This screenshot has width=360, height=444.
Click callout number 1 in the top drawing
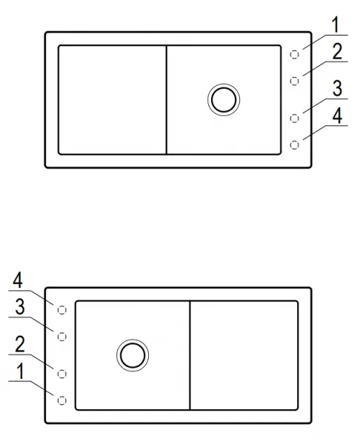click(336, 25)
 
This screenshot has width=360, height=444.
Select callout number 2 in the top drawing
click(337, 52)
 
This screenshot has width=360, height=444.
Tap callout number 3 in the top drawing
click(337, 89)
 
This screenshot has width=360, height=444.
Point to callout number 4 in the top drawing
click(337, 115)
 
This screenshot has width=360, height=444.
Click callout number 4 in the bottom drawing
click(18, 280)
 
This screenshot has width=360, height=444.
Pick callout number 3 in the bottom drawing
click(19, 306)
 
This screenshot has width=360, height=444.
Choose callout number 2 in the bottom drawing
click(19, 344)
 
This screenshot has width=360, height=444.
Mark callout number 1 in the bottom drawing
click(20, 371)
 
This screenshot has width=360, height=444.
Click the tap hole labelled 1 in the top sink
click(295, 55)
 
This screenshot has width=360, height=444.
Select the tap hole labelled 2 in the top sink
click(295, 81)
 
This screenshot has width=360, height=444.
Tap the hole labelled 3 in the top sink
click(295, 118)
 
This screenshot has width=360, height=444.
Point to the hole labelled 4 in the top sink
click(295, 145)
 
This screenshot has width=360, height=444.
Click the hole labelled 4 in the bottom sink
click(61, 310)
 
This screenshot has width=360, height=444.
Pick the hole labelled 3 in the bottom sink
click(61, 337)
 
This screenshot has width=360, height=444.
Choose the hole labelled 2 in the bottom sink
click(61, 374)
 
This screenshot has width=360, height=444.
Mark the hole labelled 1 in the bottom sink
click(61, 400)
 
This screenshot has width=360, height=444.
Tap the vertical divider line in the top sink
click(167, 100)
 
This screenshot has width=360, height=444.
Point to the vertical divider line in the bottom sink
click(190, 355)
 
